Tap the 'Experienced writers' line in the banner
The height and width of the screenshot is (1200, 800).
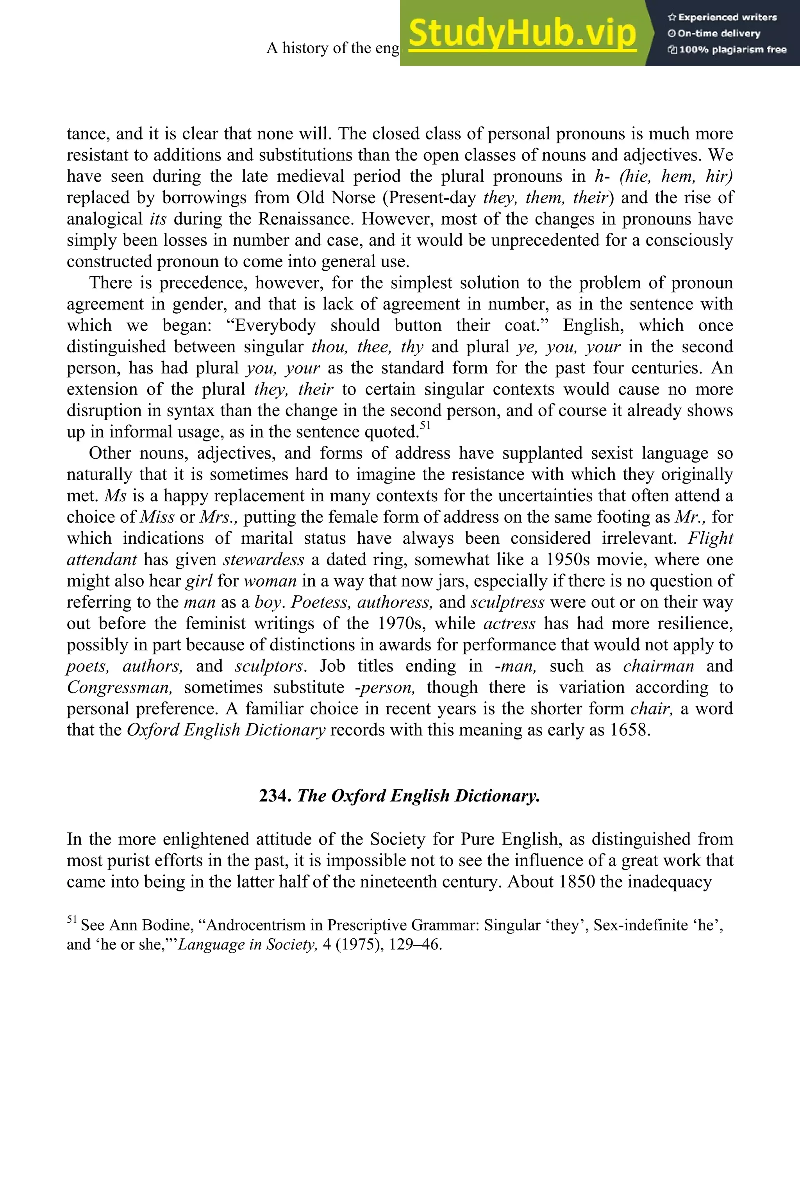coord(722,17)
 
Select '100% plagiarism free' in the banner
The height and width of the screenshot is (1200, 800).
coord(727,50)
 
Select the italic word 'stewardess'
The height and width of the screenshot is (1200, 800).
coord(263,560)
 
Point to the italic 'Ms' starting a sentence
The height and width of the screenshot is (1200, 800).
coord(115,496)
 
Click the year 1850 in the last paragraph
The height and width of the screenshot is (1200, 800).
coord(577,882)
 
